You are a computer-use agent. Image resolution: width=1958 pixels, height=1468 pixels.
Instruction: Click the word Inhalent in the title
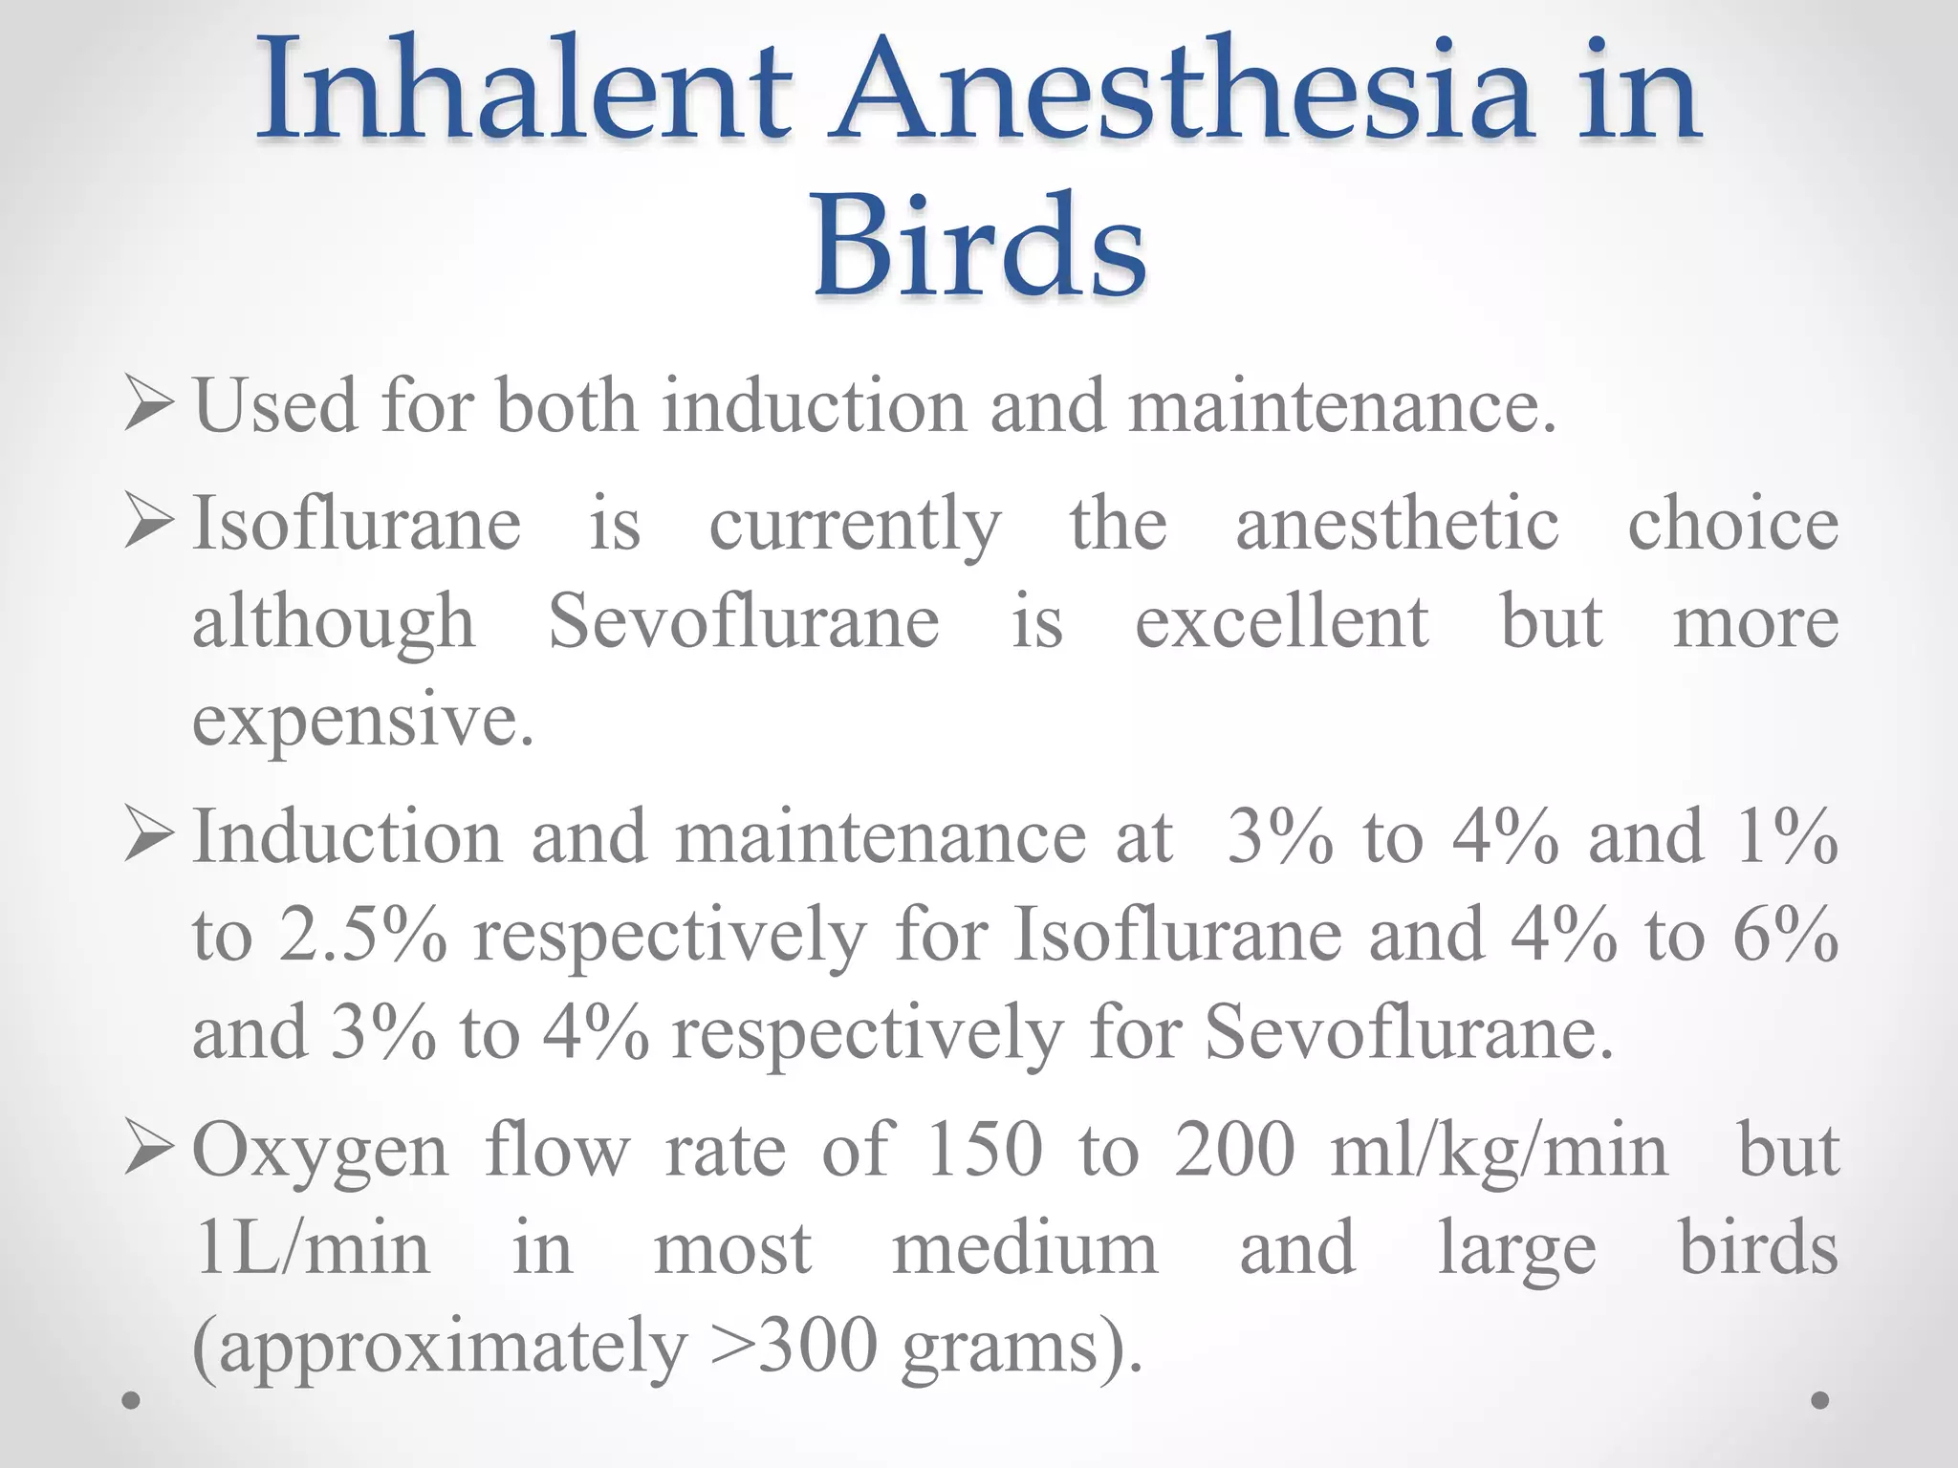524,93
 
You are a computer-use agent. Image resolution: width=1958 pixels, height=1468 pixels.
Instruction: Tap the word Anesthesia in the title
1181,93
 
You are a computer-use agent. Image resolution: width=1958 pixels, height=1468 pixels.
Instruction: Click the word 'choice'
1732,524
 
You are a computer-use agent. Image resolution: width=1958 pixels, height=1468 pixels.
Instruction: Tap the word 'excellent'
1281,622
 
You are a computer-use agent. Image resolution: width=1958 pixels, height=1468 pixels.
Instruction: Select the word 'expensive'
362,722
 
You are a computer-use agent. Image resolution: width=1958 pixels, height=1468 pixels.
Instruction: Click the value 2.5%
362,935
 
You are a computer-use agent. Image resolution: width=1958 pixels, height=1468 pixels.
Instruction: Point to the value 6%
1785,935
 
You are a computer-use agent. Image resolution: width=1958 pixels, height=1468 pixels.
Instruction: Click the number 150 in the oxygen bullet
985,1150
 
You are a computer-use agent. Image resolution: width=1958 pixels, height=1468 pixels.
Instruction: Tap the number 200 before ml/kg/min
1234,1150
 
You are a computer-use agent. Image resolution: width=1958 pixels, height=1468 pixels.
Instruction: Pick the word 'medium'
1024,1248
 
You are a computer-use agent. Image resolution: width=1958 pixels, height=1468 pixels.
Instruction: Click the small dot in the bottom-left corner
132,1401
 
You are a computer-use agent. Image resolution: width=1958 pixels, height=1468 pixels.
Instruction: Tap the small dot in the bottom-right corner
1820,1400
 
